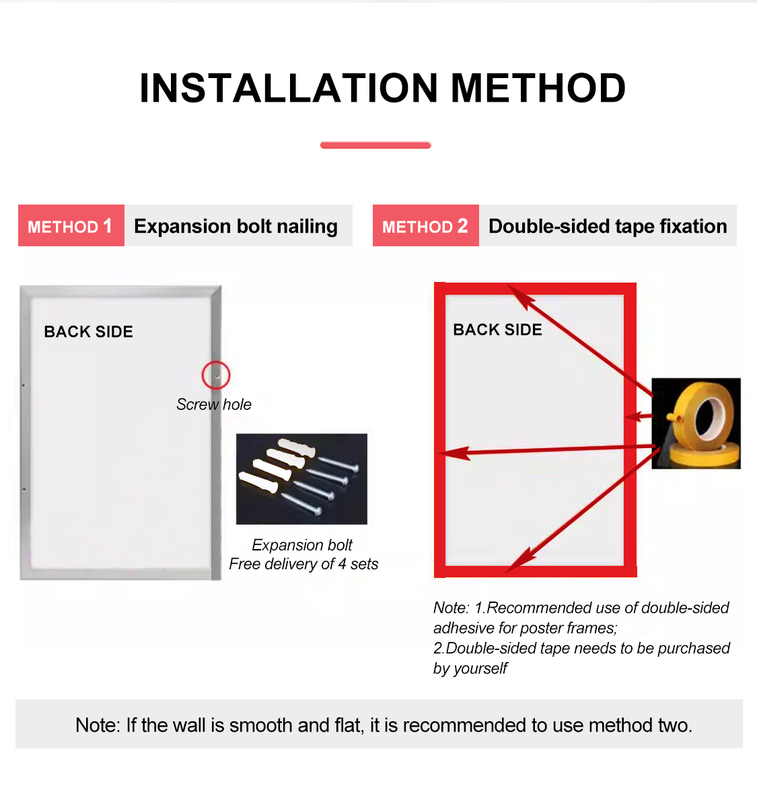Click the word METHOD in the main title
point(538,88)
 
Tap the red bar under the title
point(375,145)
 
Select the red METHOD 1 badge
point(71,226)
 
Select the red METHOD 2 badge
point(426,226)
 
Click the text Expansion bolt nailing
point(236,227)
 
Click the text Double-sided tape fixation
point(608,226)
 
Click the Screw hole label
point(213,404)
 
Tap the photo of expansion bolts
point(301,479)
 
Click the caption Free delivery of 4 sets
point(303,564)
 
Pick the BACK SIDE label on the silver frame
point(88,332)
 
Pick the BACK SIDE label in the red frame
point(497,330)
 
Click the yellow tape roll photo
point(696,423)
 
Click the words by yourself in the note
point(470,669)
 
